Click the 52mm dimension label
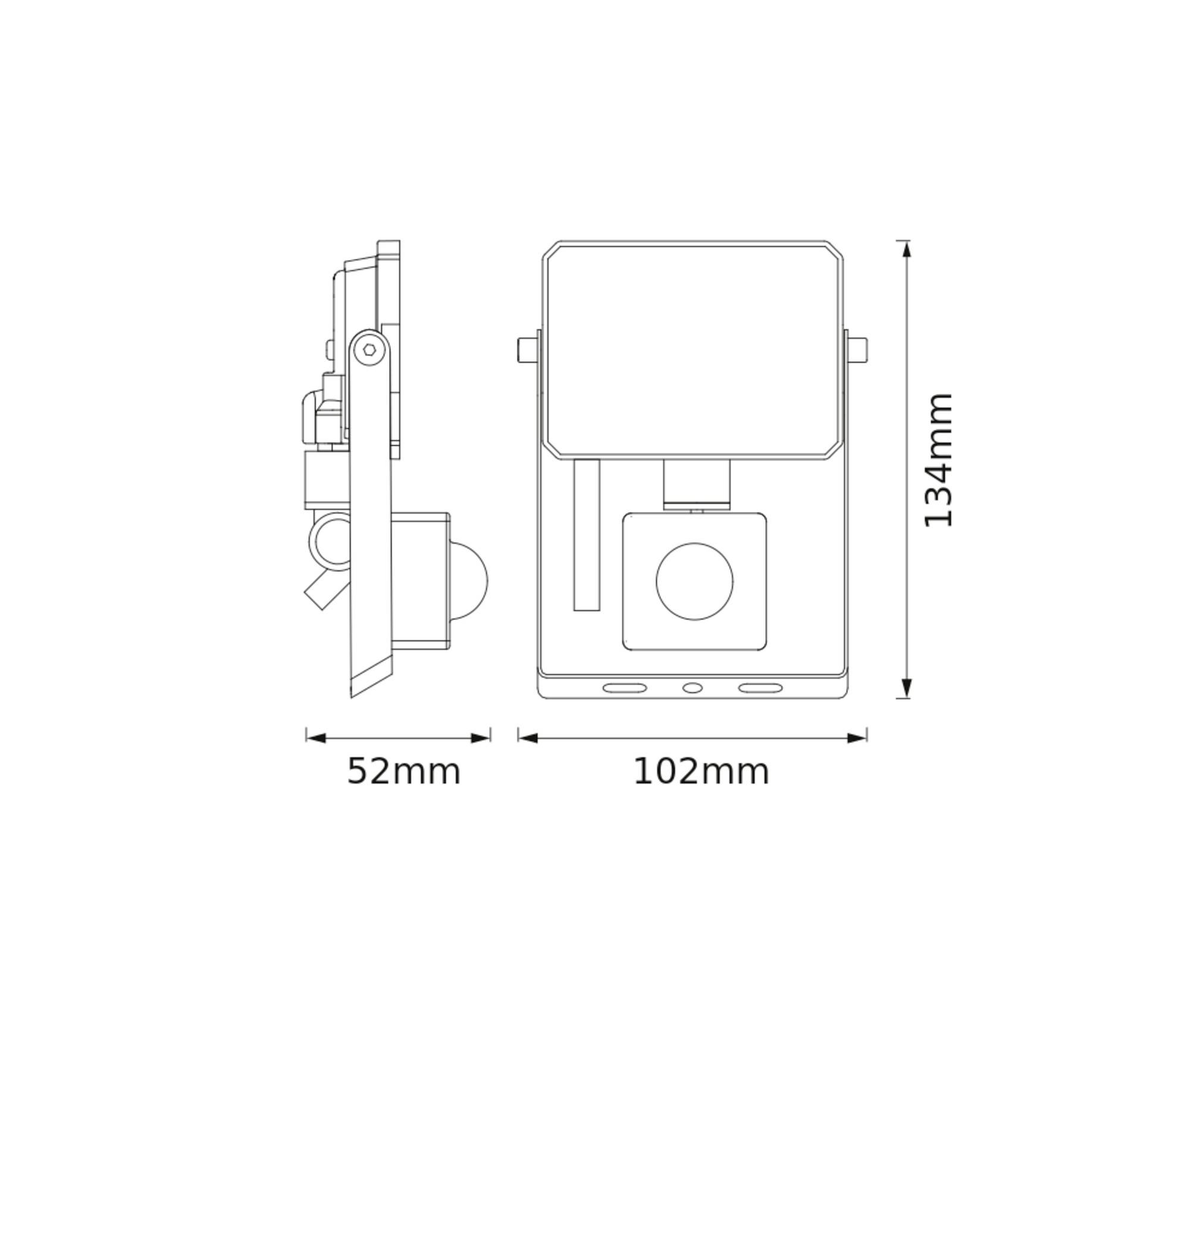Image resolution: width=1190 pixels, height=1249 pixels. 403,772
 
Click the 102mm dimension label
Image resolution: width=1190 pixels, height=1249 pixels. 701,772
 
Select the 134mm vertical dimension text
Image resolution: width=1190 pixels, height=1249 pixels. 939,460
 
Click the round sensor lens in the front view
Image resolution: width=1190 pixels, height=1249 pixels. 694,581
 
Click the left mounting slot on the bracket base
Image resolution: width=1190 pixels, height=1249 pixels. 625,688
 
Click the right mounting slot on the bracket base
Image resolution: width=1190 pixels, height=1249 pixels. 760,688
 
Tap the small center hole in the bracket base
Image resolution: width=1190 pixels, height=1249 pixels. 693,688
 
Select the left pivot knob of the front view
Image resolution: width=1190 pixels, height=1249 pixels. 527,349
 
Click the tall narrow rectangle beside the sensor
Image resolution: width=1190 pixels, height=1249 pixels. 587,535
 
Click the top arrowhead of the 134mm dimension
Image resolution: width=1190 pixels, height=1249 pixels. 906,249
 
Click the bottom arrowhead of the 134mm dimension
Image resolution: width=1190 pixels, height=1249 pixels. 906,688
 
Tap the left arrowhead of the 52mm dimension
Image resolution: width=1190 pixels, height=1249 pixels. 316,738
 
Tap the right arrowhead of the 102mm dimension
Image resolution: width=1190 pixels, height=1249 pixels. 857,738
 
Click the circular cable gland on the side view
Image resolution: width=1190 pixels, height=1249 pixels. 330,542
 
